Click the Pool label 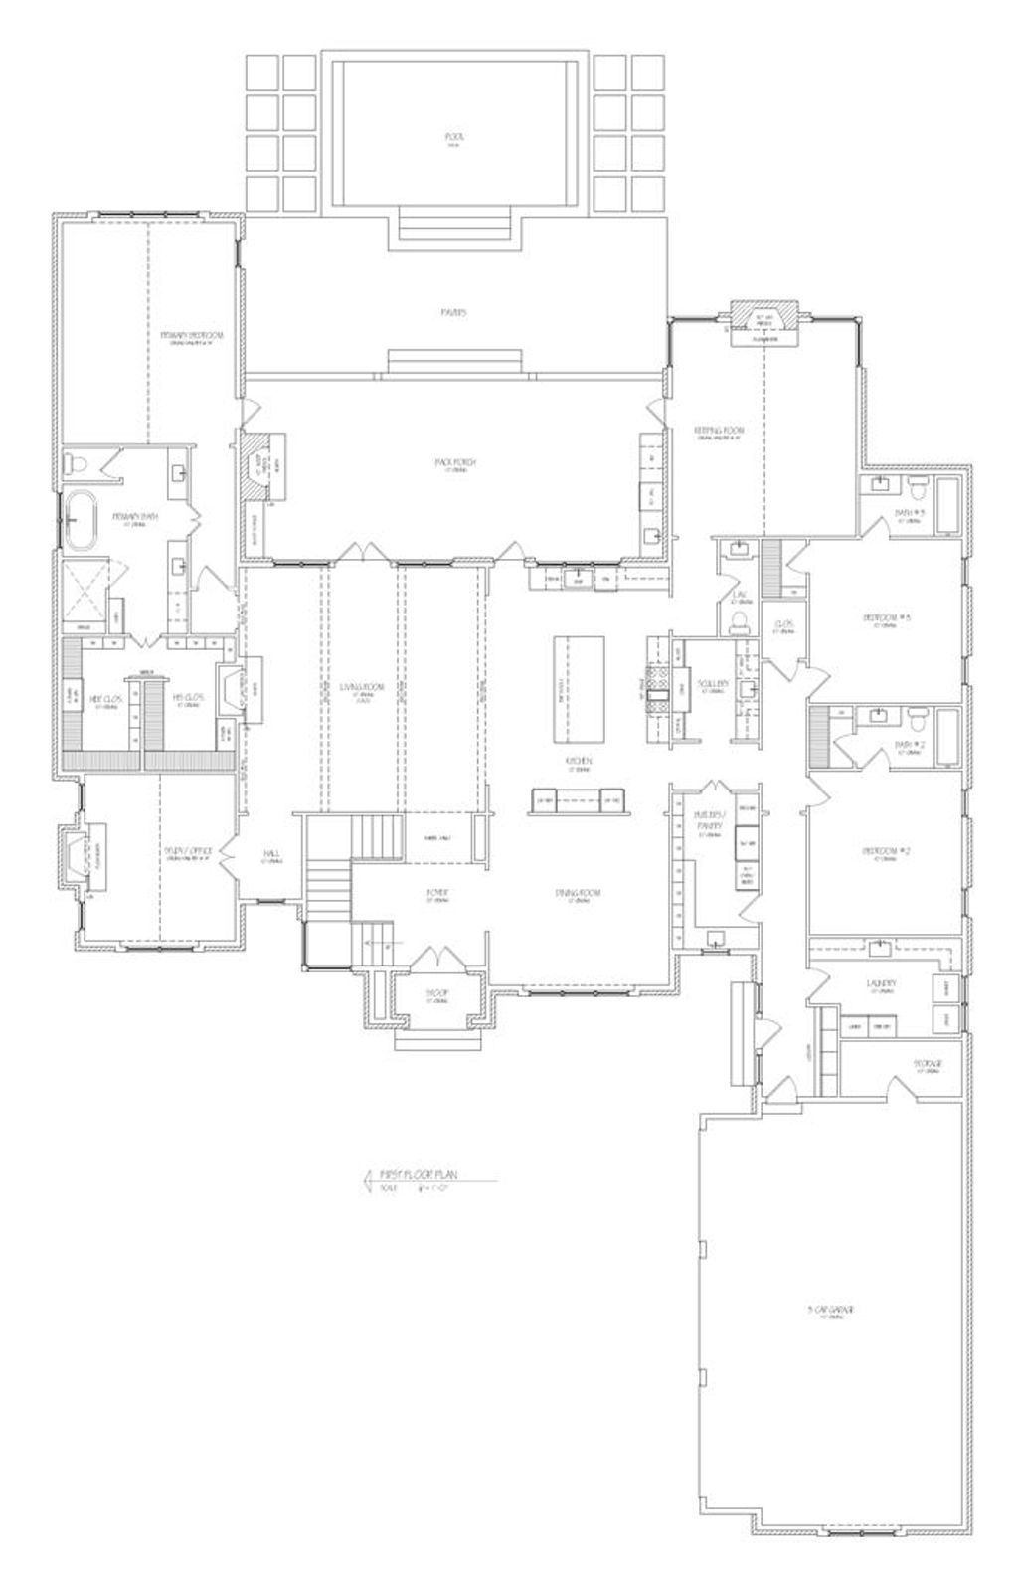(455, 136)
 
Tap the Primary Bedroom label (192, 336)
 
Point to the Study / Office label (188, 852)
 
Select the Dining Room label (578, 893)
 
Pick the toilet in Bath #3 (920, 488)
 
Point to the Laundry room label (882, 984)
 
